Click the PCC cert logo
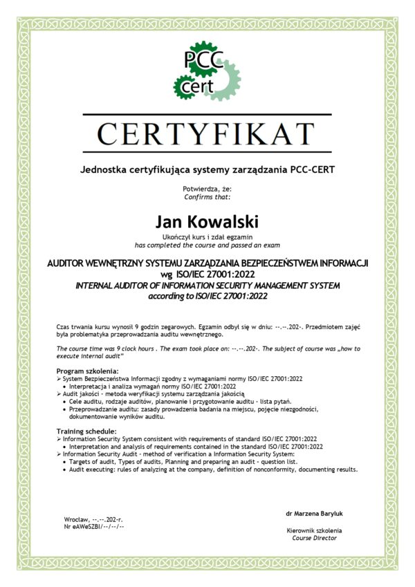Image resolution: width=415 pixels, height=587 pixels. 207,71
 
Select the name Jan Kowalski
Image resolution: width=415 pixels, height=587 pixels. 207,222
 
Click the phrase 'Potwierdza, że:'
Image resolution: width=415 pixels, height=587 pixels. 207,188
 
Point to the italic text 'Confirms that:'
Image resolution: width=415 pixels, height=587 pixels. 207,196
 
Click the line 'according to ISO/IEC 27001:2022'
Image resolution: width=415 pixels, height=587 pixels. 207,296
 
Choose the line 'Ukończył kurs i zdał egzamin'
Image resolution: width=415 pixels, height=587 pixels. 207,237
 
